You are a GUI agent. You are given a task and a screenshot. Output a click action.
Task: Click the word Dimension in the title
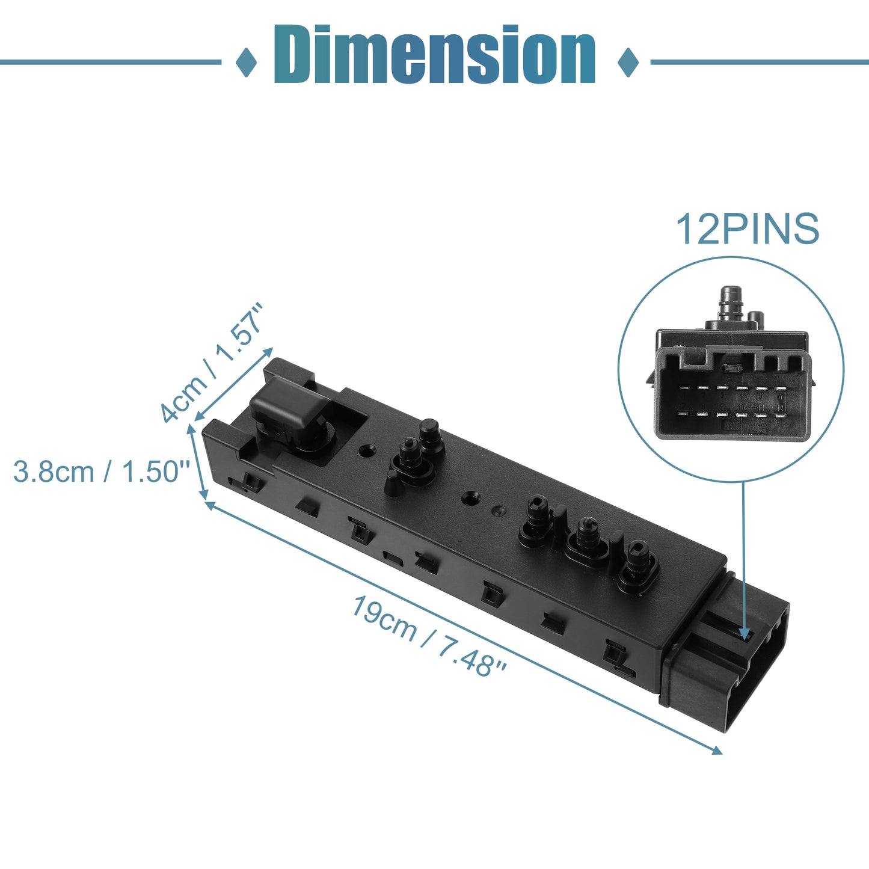pyautogui.click(x=435, y=54)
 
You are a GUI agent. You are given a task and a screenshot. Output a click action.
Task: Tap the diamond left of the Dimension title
pyautogui.click(x=246, y=62)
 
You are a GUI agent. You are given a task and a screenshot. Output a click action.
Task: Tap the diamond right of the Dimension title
pyautogui.click(x=628, y=62)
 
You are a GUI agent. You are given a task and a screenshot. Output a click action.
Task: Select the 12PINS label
pyautogui.click(x=748, y=229)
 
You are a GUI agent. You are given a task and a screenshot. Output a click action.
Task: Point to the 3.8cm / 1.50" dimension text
pyautogui.click(x=101, y=471)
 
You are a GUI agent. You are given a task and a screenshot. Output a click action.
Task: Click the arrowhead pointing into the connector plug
pyautogui.click(x=745, y=634)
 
